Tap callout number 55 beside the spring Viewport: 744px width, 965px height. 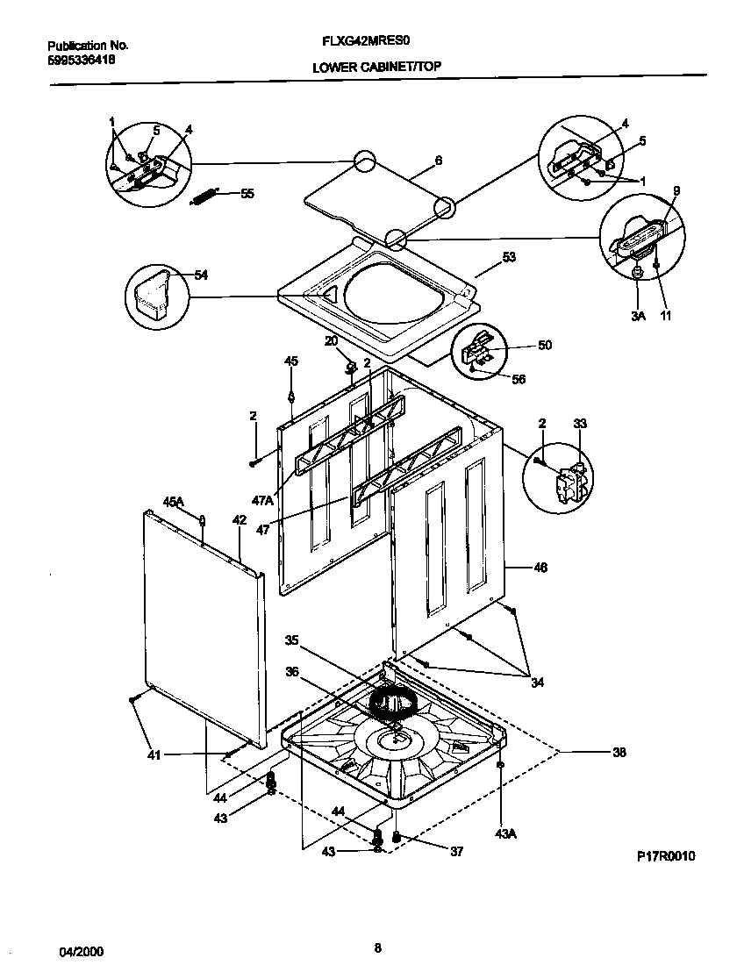[247, 194]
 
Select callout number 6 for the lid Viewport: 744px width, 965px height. [438, 161]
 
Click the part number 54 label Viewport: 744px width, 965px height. [201, 275]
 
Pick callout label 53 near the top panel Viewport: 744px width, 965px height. [509, 257]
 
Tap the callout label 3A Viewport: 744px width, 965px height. [637, 316]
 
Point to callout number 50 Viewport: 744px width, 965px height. [545, 346]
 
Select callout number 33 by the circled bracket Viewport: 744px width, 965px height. [580, 424]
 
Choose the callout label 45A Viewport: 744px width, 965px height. [173, 502]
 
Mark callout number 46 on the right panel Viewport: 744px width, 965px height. [540, 568]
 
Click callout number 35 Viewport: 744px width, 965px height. [291, 640]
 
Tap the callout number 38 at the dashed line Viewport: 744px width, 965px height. [619, 752]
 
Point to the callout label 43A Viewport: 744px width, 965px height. [505, 833]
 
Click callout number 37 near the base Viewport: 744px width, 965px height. [456, 851]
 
